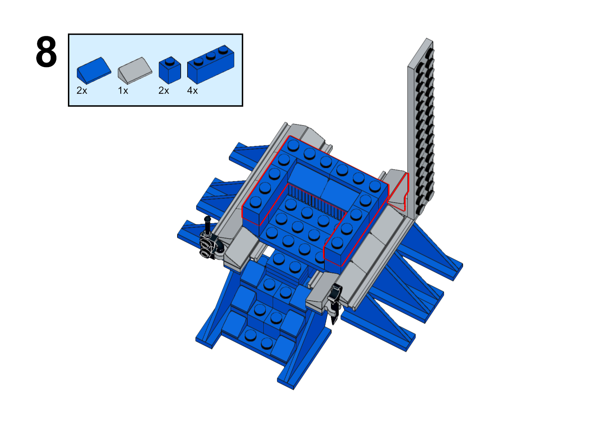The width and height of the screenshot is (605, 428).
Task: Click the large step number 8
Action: (x=46, y=52)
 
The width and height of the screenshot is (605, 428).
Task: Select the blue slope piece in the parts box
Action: (x=94, y=70)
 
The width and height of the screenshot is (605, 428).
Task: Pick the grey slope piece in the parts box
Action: (x=135, y=71)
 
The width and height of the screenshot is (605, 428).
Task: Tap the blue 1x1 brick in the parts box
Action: (x=170, y=70)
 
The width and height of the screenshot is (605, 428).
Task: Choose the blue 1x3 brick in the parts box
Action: (x=211, y=65)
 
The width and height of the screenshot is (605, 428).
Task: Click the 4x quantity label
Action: (x=192, y=91)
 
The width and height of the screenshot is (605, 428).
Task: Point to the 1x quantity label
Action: (x=123, y=91)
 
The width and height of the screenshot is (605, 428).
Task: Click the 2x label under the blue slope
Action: (x=82, y=91)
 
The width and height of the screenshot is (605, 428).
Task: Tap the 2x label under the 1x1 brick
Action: (x=164, y=91)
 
